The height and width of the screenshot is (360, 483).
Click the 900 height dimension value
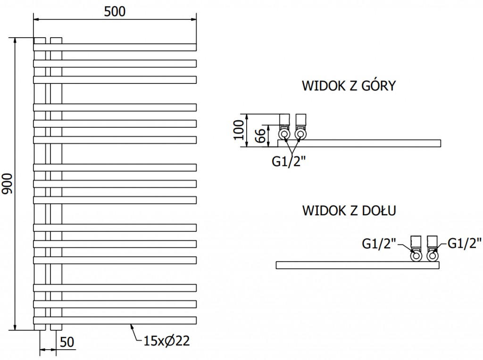pyautogui.click(x=7, y=184)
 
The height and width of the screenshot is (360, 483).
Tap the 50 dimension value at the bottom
pyautogui.click(x=67, y=343)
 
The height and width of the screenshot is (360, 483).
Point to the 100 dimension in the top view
pyautogui.click(x=239, y=130)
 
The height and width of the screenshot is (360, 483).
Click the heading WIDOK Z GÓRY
pyautogui.click(x=349, y=86)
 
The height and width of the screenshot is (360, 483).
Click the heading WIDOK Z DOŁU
pyautogui.click(x=349, y=211)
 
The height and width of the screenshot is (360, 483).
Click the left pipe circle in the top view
pyautogui.click(x=284, y=134)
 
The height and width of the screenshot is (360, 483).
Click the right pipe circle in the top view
pyautogui.click(x=300, y=134)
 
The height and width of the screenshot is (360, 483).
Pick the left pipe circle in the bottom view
pyautogui.click(x=416, y=256)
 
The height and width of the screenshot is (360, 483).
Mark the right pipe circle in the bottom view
pyautogui.click(x=432, y=256)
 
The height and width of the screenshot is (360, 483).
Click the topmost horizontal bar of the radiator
pyautogui.click(x=115, y=47)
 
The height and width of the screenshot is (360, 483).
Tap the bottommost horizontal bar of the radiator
pyautogui.click(x=115, y=320)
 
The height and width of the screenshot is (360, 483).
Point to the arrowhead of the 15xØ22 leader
pyautogui.click(x=131, y=325)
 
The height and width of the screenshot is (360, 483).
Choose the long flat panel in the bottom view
pyautogui.click(x=358, y=265)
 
